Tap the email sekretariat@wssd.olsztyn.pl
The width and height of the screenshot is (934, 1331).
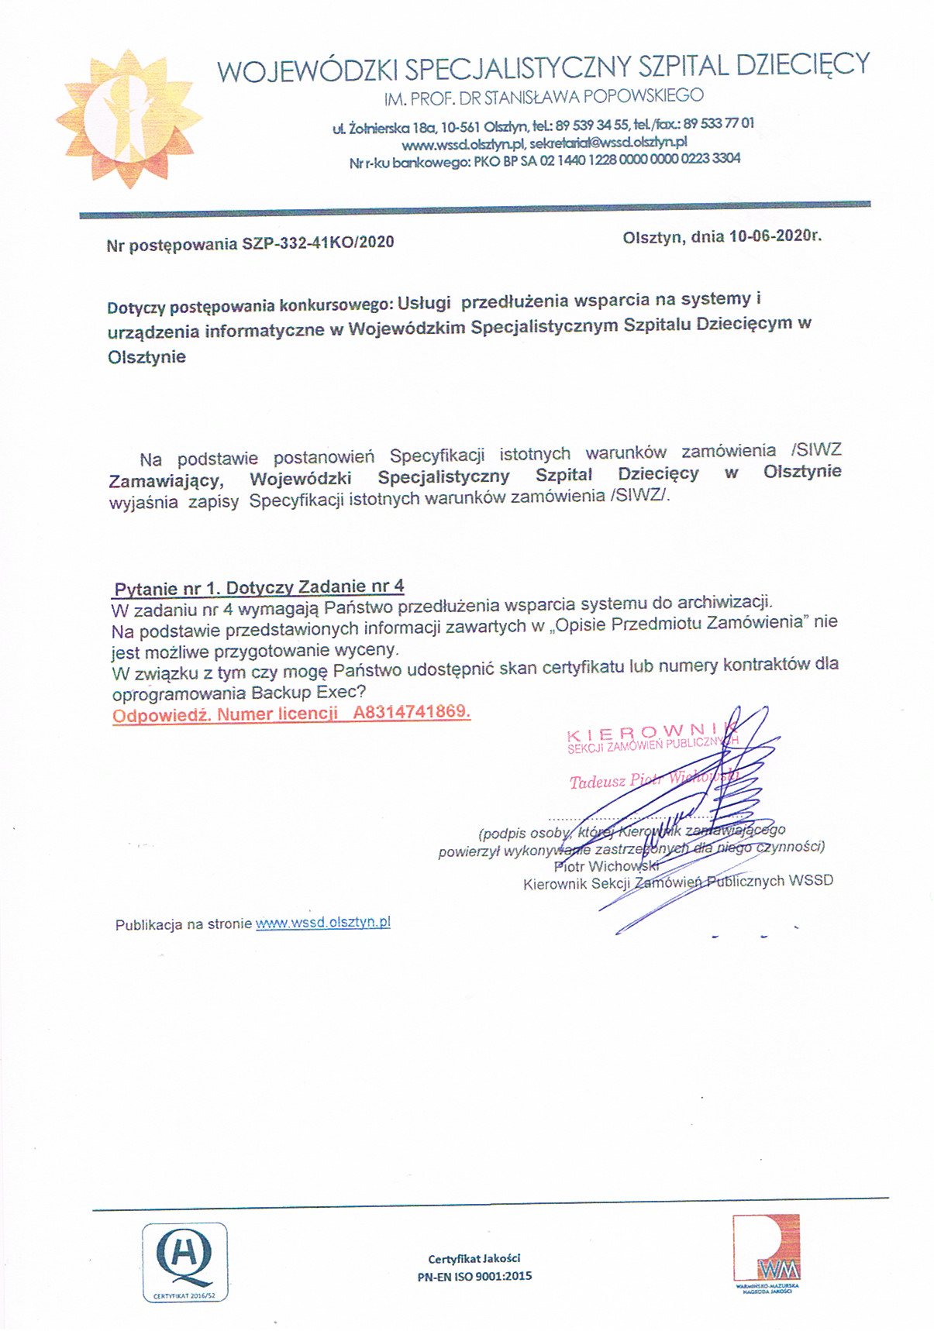point(608,143)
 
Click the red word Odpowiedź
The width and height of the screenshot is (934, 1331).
point(161,715)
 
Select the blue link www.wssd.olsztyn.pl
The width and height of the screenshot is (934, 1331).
point(322,923)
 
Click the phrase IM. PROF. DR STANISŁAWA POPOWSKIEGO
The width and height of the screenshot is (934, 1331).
point(543,97)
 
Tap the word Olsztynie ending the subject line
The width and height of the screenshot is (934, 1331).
point(147,357)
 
